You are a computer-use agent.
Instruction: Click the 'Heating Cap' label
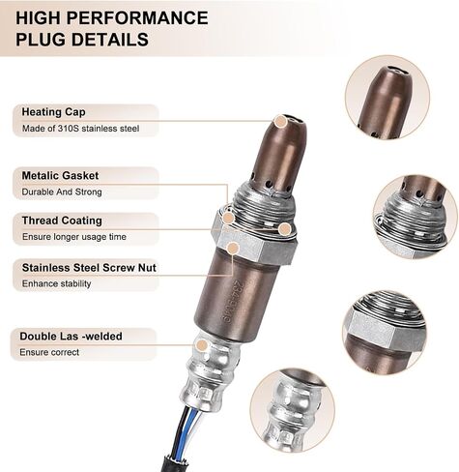[53, 112]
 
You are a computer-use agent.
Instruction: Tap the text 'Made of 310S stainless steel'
[80, 129]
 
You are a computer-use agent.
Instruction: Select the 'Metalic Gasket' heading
[60, 176]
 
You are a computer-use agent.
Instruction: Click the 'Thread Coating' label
[62, 221]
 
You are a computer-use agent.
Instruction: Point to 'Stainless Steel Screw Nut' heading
[89, 268]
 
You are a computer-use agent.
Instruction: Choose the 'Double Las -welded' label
[71, 337]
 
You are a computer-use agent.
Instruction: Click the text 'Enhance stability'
[56, 283]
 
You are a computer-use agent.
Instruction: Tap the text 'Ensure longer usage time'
[74, 237]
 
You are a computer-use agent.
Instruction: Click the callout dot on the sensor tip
[280, 122]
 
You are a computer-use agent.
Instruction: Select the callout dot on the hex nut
[233, 249]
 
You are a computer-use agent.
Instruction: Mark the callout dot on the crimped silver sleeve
[202, 345]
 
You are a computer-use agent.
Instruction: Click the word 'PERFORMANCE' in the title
[139, 17]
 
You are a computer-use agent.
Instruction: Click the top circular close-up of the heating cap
[387, 98]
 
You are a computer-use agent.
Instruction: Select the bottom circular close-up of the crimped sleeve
[293, 410]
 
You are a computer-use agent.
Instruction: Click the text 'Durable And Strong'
[62, 192]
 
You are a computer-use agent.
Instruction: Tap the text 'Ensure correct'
[49, 352]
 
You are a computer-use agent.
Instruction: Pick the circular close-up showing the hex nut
[385, 333]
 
